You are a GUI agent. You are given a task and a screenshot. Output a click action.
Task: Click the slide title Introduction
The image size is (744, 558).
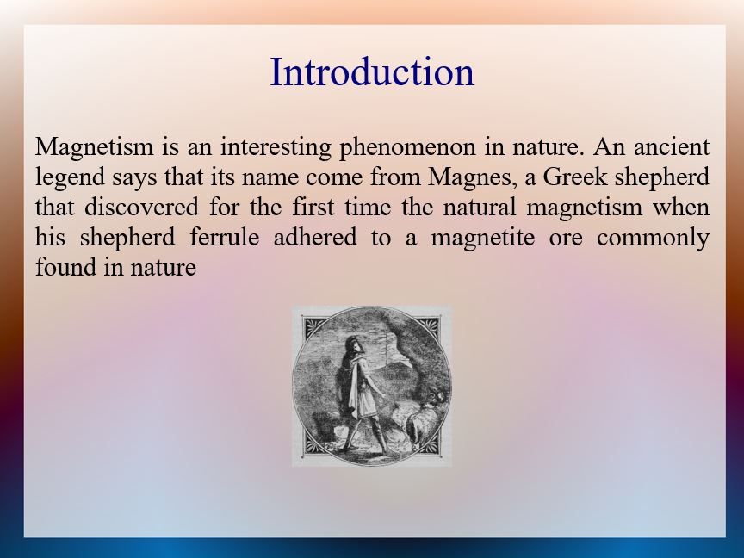pos(372,71)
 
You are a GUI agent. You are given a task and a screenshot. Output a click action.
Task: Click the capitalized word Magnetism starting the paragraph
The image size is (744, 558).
pos(95,147)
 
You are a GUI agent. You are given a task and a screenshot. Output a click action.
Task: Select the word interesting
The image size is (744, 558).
pos(276,147)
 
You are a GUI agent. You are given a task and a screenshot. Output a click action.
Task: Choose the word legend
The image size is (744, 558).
pos(70,178)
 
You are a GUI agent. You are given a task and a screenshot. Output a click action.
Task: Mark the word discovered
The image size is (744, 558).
pos(141,207)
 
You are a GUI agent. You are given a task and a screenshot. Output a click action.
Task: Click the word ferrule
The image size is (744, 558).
pos(225,237)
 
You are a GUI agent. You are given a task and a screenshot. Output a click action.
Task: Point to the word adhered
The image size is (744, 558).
pos(315,237)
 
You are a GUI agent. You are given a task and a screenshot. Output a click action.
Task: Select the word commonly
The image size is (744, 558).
pos(653,239)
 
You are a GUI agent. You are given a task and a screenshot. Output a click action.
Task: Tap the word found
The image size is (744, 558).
pos(63,267)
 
